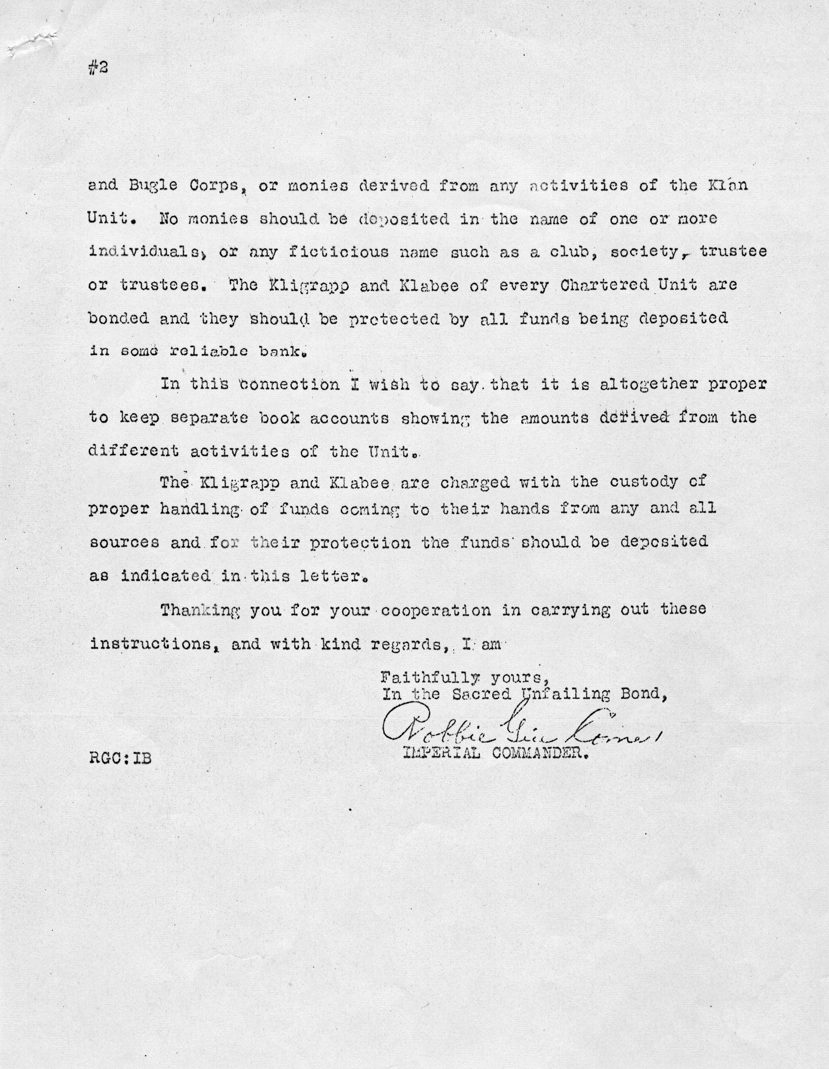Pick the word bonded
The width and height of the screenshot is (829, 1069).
[x=119, y=318]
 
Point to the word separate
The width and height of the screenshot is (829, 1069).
[x=208, y=418]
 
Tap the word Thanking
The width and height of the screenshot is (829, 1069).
[x=200, y=610]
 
